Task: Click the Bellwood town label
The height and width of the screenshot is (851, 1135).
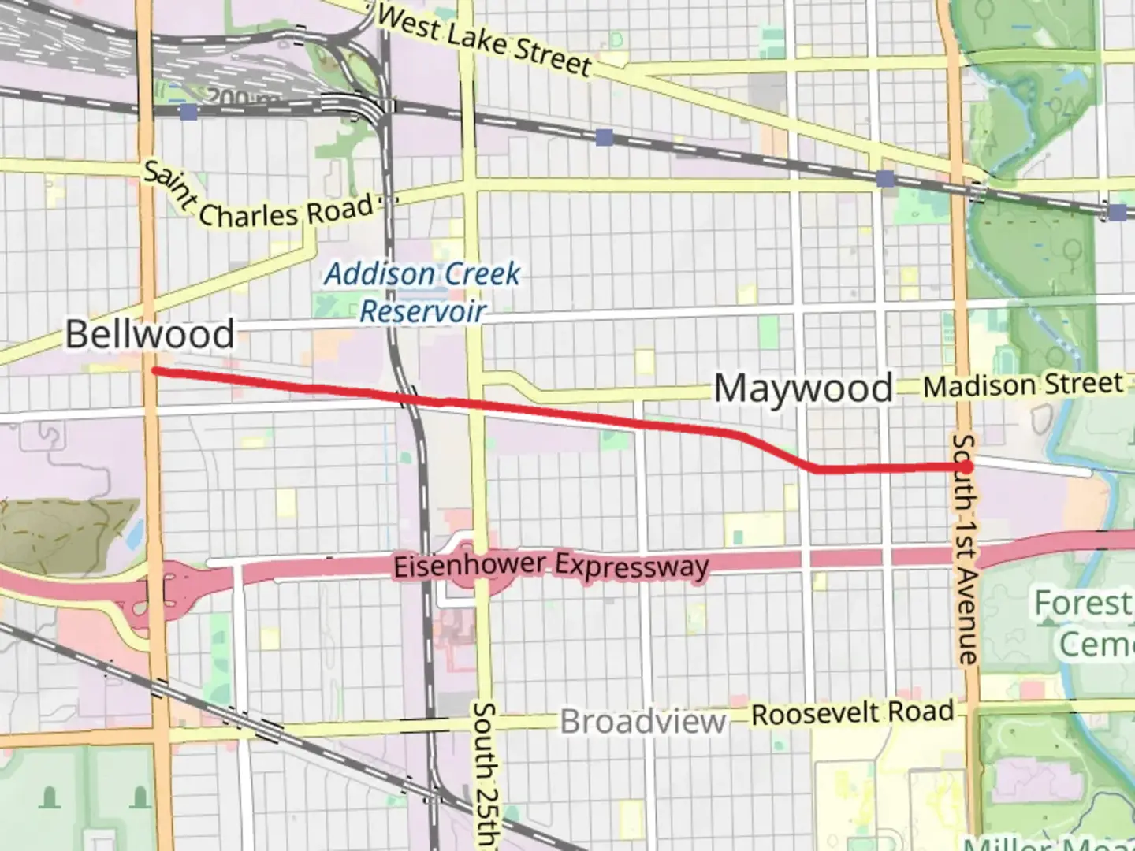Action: tap(150, 334)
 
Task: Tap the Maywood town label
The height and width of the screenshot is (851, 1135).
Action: tap(802, 388)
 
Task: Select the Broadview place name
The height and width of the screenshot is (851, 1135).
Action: tap(642, 722)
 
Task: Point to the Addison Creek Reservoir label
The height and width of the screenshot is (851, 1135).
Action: tap(422, 292)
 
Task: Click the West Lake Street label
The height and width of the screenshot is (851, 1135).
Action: tap(483, 39)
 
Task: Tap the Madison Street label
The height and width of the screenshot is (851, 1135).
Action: tap(1022, 385)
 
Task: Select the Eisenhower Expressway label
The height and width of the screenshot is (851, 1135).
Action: tap(551, 567)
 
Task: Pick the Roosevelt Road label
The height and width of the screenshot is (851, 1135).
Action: tap(852, 714)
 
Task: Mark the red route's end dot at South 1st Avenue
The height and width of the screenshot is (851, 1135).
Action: tap(966, 467)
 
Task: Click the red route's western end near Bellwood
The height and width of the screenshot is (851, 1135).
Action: tap(155, 370)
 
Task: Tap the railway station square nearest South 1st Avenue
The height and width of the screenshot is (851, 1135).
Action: tap(885, 179)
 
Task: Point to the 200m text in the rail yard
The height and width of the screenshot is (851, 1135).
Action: tap(237, 98)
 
